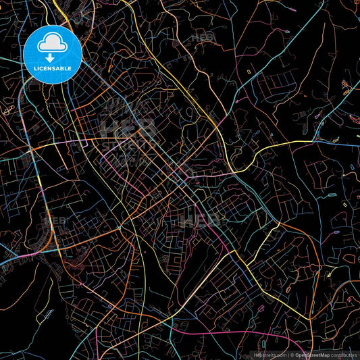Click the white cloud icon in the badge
point(51,44)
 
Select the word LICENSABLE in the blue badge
point(51,68)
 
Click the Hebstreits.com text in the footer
point(269,354)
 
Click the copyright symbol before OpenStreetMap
point(292,354)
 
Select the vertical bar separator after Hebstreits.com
point(287,354)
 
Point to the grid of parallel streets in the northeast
point(277,88)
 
